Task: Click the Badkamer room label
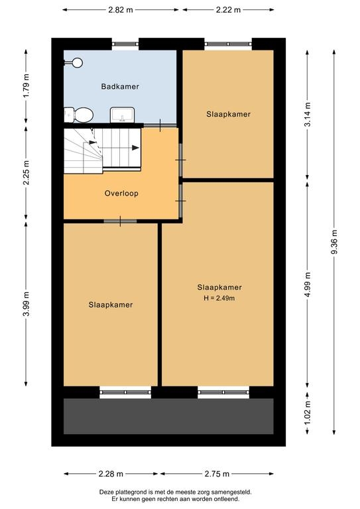click(120, 86)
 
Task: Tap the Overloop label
click(121, 193)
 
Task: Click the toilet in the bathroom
click(79, 115)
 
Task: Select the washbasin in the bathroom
click(123, 115)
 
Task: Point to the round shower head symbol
click(78, 63)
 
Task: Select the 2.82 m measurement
click(121, 10)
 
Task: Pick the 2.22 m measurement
click(228, 10)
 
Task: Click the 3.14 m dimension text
click(308, 114)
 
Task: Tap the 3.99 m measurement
click(27, 304)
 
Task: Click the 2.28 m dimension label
click(111, 474)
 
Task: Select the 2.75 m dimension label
click(217, 474)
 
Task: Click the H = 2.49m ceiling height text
click(219, 298)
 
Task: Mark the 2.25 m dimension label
click(27, 173)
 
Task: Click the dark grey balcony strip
click(168, 416)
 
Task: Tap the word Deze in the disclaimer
click(105, 492)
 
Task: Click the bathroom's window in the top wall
click(125, 44)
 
